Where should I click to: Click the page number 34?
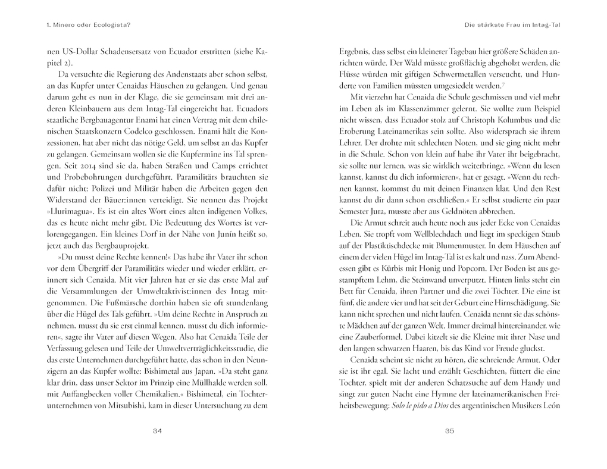pyautogui.click(x=157, y=431)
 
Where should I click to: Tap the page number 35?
pyautogui.click(x=450, y=431)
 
